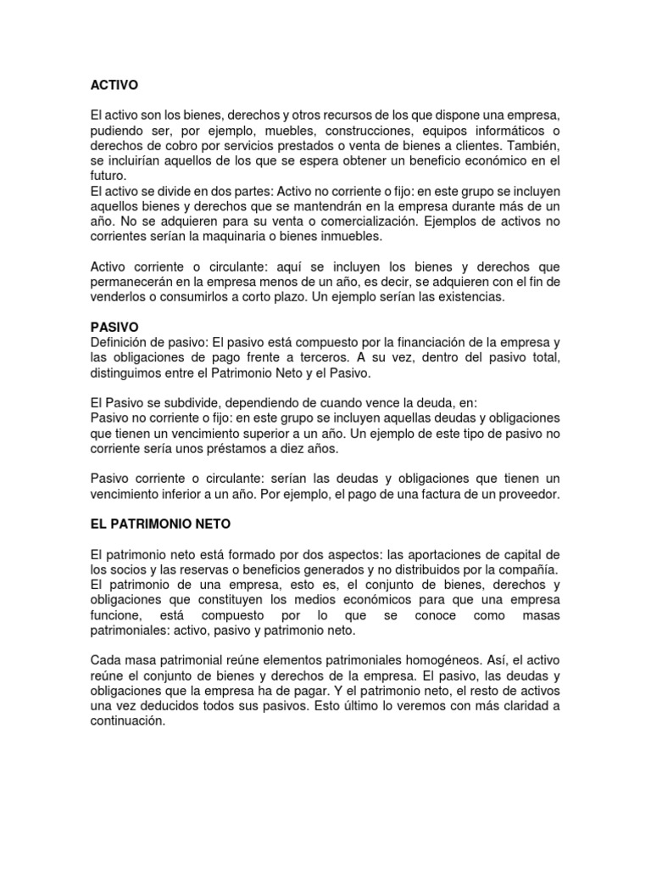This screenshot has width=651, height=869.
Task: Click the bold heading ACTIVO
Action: (114, 86)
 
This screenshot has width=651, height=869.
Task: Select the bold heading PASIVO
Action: (114, 326)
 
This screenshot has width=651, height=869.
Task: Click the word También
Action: (533, 147)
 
